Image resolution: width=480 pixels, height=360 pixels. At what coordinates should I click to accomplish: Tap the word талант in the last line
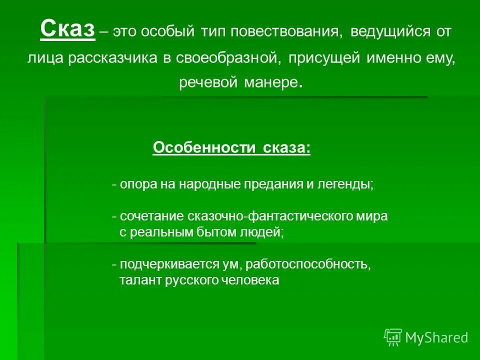[137, 280]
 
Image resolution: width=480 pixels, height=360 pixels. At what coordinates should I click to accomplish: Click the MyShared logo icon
[392, 337]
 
